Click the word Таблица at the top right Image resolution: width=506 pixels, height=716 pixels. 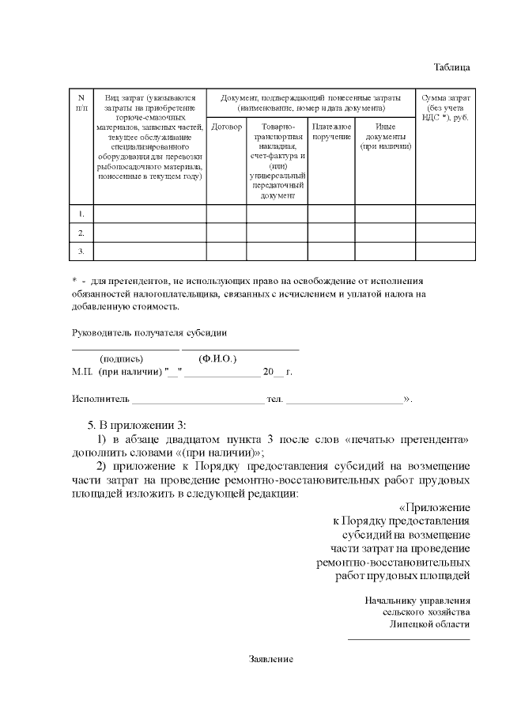[x=452, y=66]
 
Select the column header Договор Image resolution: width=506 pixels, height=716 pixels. [x=227, y=127]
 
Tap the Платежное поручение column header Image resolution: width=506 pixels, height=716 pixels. [x=331, y=131]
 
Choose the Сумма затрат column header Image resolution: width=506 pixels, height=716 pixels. [x=446, y=112]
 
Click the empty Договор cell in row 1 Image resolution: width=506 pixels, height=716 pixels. [x=227, y=214]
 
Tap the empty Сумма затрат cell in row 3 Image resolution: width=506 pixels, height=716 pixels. [x=446, y=251]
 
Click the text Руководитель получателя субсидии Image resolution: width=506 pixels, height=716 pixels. [x=138, y=332]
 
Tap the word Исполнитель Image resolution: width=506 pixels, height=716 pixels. [x=100, y=399]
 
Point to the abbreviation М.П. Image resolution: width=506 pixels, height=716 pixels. [x=82, y=371]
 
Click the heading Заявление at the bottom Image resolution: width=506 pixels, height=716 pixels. [x=271, y=659]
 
